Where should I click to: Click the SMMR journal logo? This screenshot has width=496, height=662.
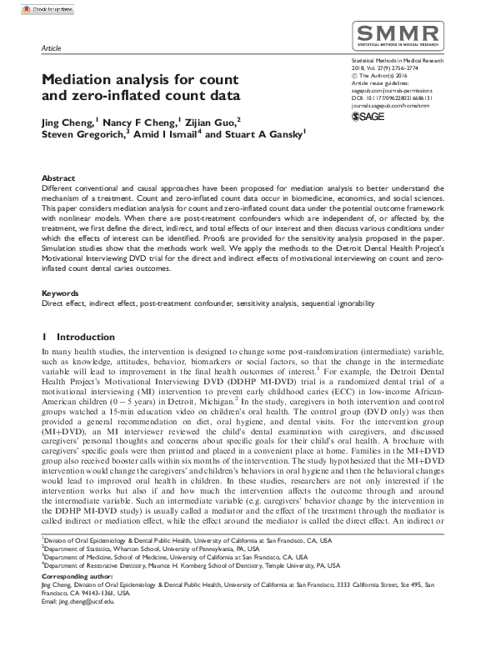(398, 36)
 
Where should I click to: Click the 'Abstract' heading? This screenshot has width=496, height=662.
(58, 179)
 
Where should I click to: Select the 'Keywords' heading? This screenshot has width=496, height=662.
(61, 293)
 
